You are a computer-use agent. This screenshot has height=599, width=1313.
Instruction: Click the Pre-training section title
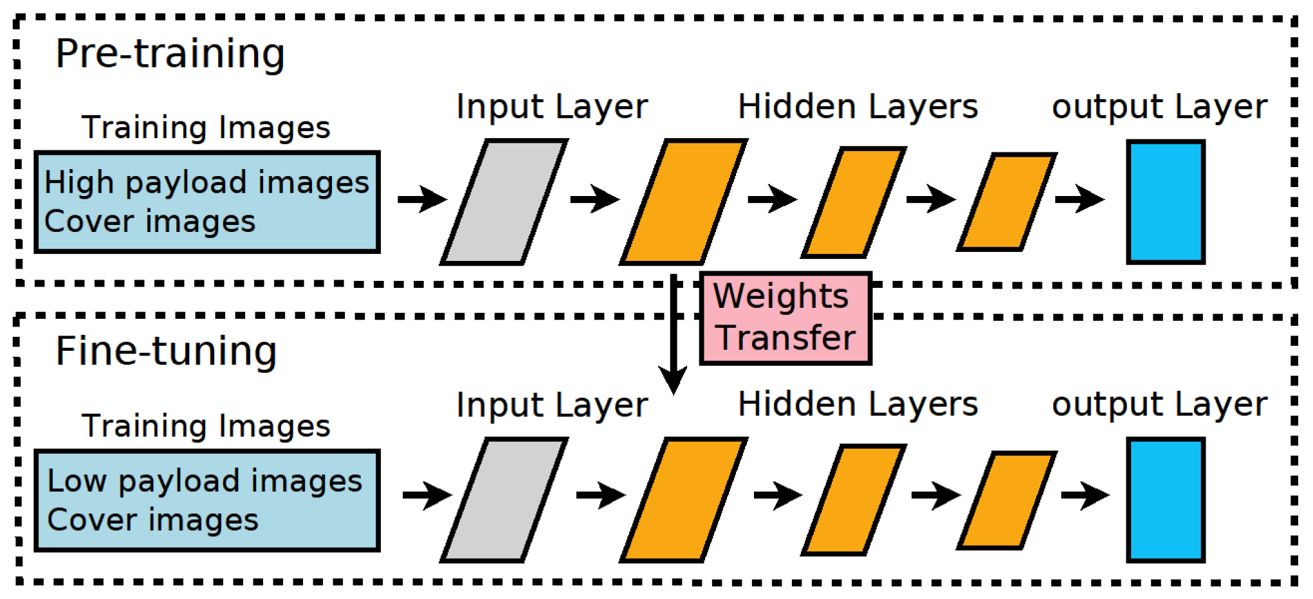coord(170,54)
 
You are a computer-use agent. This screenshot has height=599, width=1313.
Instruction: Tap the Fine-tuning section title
coord(166,352)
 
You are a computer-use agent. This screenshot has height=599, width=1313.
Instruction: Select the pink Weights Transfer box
coord(785,318)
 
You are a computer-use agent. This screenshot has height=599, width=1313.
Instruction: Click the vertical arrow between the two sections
coord(674,334)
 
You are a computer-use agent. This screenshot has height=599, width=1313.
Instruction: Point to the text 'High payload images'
coord(207,183)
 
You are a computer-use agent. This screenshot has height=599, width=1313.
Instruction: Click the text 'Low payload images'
coord(205,481)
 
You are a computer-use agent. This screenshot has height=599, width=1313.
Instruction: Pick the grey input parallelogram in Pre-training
coord(504,202)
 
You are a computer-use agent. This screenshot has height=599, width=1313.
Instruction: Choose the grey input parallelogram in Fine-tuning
coord(504,500)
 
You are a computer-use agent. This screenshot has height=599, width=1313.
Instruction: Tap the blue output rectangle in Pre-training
coord(1165,202)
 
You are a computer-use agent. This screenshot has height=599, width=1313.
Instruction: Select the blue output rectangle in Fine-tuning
coord(1165,500)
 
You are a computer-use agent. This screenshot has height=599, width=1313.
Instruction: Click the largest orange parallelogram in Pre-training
coord(683,202)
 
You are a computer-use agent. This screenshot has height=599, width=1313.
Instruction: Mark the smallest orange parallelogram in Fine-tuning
coord(1007,500)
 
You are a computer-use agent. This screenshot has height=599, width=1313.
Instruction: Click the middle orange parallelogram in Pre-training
coord(854,202)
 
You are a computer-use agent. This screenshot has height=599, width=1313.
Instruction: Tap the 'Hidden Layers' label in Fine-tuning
coord(858,404)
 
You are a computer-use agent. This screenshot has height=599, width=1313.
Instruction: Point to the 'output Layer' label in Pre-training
coord(1159,107)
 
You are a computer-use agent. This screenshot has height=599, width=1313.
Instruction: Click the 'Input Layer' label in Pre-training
coord(552,107)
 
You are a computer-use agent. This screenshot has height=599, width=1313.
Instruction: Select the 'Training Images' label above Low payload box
coord(206,425)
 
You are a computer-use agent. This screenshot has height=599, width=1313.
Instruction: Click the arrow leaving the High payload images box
coord(421,199)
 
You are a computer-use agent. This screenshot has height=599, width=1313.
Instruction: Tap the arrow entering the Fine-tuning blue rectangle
coord(1085,495)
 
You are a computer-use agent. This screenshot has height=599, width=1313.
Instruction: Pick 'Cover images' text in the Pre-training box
coord(150,222)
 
